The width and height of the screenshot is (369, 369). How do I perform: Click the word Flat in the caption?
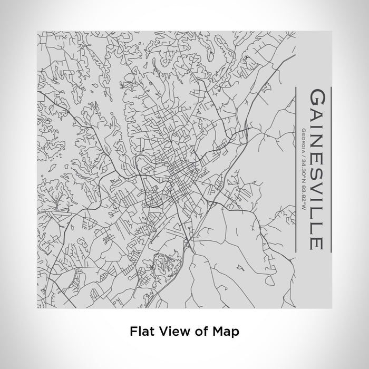[140, 332]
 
